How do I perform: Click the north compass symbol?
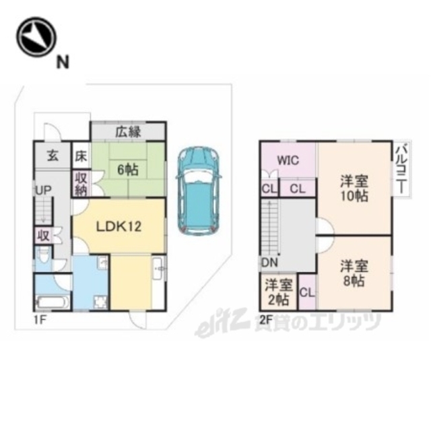pyautogui.click(x=36, y=37)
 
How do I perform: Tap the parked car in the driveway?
pyautogui.click(x=199, y=191)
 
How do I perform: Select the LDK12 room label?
pyautogui.click(x=119, y=226)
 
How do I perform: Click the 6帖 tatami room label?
pyautogui.click(x=128, y=170)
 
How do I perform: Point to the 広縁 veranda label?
pyautogui.click(x=128, y=132)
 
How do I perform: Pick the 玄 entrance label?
pyautogui.click(x=53, y=156)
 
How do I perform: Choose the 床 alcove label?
pyautogui.click(x=81, y=156)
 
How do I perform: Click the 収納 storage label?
pyautogui.click(x=81, y=184)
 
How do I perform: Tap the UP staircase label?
pyautogui.click(x=43, y=190)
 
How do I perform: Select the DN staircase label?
pyautogui.click(x=269, y=263)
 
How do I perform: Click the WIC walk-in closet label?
pyautogui.click(x=288, y=160)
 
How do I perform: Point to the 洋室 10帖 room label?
pyautogui.click(x=355, y=189)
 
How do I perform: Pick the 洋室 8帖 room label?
pyautogui.click(x=355, y=273)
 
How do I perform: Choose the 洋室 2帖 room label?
pyautogui.click(x=279, y=292)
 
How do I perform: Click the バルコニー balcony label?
pyautogui.click(x=401, y=170)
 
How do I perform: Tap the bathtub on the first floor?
pyautogui.click(x=53, y=303)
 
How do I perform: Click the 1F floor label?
pyautogui.click(x=39, y=320)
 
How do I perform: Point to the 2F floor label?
pyautogui.click(x=266, y=320)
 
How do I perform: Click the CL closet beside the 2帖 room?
pyautogui.click(x=307, y=292)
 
